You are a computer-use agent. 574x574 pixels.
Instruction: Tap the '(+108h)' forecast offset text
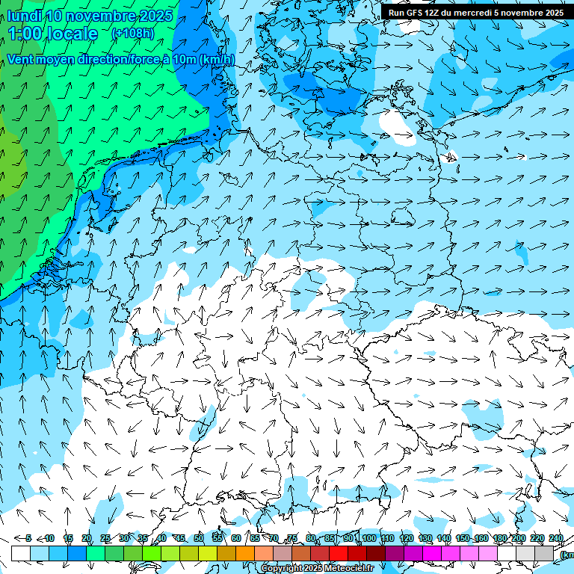pos(132,33)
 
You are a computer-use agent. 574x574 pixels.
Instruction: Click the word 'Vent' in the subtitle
pos(21,60)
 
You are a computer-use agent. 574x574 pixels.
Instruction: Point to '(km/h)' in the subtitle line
pos(217,60)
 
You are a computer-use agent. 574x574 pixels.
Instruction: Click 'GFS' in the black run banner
pos(416,13)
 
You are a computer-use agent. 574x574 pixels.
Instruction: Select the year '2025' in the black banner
pos(552,13)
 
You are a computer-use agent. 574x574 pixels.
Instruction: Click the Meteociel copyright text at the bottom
pos(317,569)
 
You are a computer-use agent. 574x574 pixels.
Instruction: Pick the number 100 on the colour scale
pos(368,538)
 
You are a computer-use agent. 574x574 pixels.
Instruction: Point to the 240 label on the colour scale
pos(555,538)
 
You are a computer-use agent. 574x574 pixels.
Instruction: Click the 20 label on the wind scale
pos(87,538)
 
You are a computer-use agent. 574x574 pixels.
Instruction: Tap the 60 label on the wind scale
pos(235,538)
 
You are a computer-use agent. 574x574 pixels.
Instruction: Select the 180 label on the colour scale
pos(499,538)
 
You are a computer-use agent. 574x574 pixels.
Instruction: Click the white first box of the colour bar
pos(21,553)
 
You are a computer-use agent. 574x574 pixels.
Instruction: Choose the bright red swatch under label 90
pos(339,553)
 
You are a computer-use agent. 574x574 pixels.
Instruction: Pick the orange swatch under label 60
pos(226,553)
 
